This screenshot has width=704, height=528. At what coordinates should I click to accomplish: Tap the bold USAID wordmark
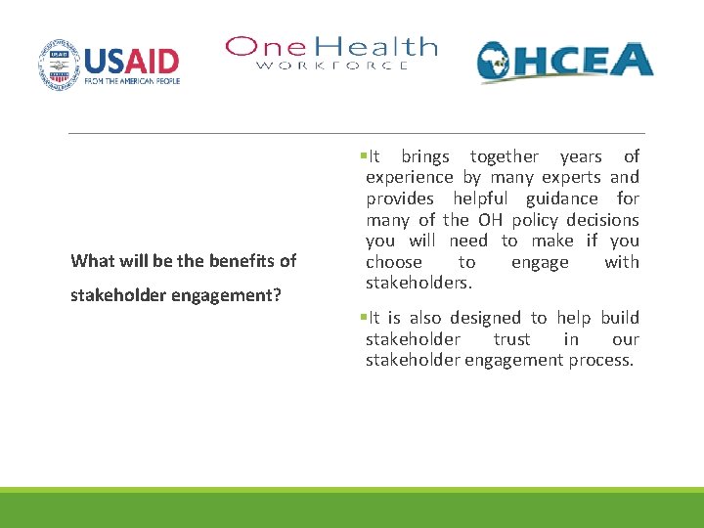[x=132, y=61]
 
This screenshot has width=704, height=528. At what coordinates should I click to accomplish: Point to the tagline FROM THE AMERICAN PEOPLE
[x=132, y=83]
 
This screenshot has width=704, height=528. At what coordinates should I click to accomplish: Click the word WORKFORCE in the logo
[x=332, y=66]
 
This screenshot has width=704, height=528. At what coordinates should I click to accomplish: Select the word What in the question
[x=92, y=261]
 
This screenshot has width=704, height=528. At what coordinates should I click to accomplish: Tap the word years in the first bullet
[x=580, y=156]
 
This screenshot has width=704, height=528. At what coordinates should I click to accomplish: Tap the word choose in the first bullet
[x=394, y=262]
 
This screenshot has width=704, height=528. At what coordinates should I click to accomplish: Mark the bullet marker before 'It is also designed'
[x=361, y=318]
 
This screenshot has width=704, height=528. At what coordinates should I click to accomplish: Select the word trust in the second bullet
[x=511, y=339]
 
